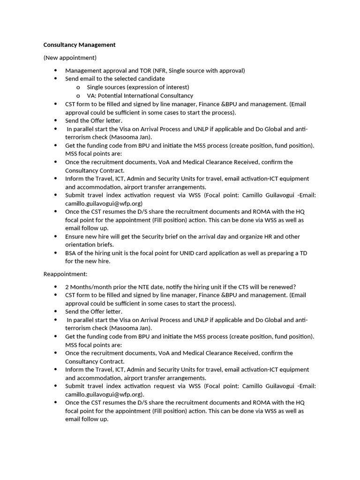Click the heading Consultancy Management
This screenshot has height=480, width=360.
pos(79,45)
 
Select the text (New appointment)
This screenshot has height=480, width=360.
pos(70,58)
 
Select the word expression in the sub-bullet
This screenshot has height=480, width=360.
pos(142,87)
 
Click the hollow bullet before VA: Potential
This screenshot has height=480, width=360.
pos(77,96)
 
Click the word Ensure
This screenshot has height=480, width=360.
pos(75,237)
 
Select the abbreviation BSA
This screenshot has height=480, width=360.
pos(71,253)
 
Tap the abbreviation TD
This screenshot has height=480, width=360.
pos(303,253)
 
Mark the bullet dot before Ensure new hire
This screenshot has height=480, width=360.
pos(55,237)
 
